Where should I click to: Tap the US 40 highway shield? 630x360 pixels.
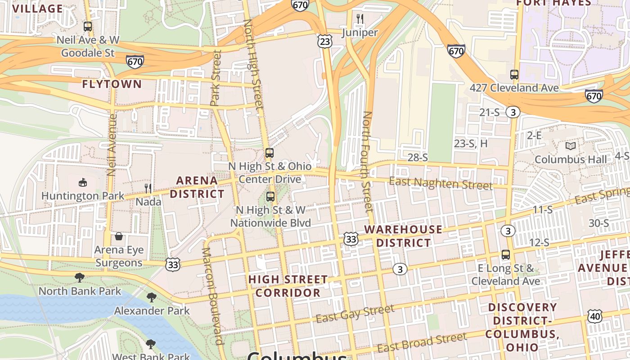[595, 316]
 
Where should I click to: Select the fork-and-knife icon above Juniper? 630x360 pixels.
[360, 19]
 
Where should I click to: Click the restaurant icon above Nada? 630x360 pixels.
[148, 188]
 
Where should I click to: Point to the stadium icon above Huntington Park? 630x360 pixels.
[82, 182]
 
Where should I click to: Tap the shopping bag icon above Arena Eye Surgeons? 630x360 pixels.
[119, 236]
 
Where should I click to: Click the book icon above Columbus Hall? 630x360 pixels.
[571, 146]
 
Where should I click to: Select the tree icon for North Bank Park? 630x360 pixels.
[80, 277]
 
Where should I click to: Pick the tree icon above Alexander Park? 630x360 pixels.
[151, 297]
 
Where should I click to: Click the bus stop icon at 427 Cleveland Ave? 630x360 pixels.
[514, 75]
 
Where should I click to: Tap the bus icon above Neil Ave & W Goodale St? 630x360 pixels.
[88, 27]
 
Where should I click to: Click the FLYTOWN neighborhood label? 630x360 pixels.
[112, 84]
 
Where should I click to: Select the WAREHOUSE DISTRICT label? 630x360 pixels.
[403, 236]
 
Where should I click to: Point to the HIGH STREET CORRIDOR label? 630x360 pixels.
[288, 286]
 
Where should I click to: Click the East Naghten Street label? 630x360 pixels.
[441, 183]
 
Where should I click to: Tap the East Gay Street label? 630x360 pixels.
[355, 314]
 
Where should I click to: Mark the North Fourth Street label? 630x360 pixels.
[367, 162]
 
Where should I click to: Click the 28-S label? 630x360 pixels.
[417, 157]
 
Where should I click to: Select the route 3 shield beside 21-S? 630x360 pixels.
[513, 112]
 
